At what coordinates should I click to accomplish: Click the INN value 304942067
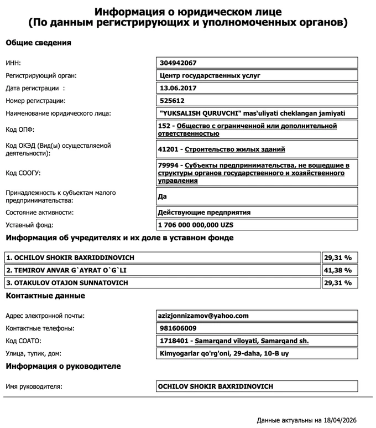(x=178, y=63)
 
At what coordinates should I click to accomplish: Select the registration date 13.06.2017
(x=178, y=88)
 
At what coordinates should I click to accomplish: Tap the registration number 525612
(x=171, y=101)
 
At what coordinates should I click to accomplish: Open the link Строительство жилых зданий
(x=235, y=149)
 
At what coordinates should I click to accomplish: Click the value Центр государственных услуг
(x=210, y=75)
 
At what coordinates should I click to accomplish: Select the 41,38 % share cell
(x=339, y=270)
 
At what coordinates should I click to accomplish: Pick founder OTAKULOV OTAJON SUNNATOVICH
(x=67, y=283)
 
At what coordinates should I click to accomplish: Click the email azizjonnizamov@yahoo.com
(x=203, y=316)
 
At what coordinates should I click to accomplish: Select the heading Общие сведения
(x=38, y=43)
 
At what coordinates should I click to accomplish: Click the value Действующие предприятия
(x=204, y=212)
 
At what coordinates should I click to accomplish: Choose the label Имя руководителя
(x=34, y=386)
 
